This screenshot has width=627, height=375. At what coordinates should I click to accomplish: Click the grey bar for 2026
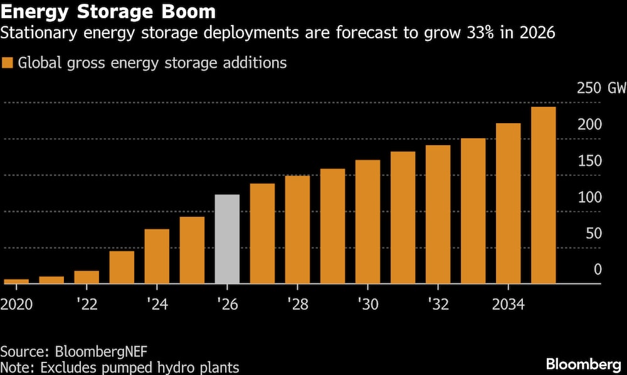tap(227, 239)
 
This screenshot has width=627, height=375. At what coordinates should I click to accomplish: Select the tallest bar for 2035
tap(543, 195)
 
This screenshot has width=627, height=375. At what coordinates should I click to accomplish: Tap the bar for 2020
tap(16, 281)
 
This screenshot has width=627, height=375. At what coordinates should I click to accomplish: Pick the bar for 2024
tap(157, 256)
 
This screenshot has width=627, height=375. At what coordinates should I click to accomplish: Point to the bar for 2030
tap(367, 222)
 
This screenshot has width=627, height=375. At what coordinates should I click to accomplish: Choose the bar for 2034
tap(508, 204)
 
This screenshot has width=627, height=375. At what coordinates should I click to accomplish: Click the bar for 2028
tap(297, 230)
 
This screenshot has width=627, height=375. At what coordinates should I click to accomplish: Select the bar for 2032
tap(438, 214)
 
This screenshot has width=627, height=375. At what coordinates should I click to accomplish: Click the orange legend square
tap(8, 63)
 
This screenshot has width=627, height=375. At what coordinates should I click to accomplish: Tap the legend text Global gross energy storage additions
tap(152, 63)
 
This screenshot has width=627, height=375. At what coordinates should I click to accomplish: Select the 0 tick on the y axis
tap(598, 269)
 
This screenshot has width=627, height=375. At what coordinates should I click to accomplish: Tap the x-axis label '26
tap(227, 305)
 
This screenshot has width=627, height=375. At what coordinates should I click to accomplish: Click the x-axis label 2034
tap(508, 305)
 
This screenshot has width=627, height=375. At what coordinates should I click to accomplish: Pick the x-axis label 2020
tap(16, 305)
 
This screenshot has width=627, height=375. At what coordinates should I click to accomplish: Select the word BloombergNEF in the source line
tap(93, 351)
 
